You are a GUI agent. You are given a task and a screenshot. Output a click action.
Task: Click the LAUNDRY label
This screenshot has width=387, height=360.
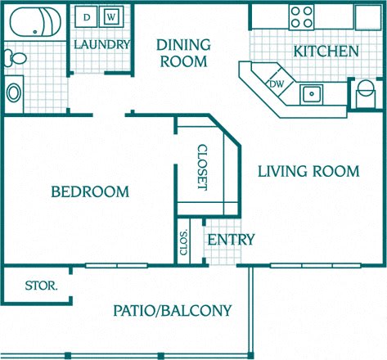[x=101, y=45]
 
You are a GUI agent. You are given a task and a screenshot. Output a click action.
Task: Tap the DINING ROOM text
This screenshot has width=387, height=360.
[x=183, y=52]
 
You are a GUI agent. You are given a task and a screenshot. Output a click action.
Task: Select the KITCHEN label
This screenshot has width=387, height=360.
[x=326, y=52]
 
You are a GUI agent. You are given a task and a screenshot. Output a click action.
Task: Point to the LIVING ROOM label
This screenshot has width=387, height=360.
[x=308, y=171]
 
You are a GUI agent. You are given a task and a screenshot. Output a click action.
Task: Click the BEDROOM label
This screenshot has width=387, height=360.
[x=90, y=192]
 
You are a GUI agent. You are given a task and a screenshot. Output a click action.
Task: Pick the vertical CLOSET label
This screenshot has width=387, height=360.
[x=202, y=167]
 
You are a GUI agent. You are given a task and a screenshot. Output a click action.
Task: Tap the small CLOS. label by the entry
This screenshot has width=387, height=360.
[x=183, y=242]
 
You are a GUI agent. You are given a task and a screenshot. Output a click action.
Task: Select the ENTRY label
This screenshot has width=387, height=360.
[x=230, y=240]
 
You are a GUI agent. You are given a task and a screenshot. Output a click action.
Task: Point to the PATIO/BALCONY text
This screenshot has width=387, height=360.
[x=172, y=311]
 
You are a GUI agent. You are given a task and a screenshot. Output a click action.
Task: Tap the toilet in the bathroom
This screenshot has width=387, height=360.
[x=14, y=57]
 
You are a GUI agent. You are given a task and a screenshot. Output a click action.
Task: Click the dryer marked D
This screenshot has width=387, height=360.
[x=87, y=17]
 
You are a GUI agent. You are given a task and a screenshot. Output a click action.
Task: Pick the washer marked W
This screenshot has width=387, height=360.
[x=112, y=17]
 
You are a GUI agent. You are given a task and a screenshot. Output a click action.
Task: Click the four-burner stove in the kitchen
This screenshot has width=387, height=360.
[x=302, y=17]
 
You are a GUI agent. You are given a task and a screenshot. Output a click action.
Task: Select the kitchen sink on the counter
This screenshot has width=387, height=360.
[x=311, y=93]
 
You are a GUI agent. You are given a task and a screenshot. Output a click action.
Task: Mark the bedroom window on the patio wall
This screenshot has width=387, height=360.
[x=116, y=265]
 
